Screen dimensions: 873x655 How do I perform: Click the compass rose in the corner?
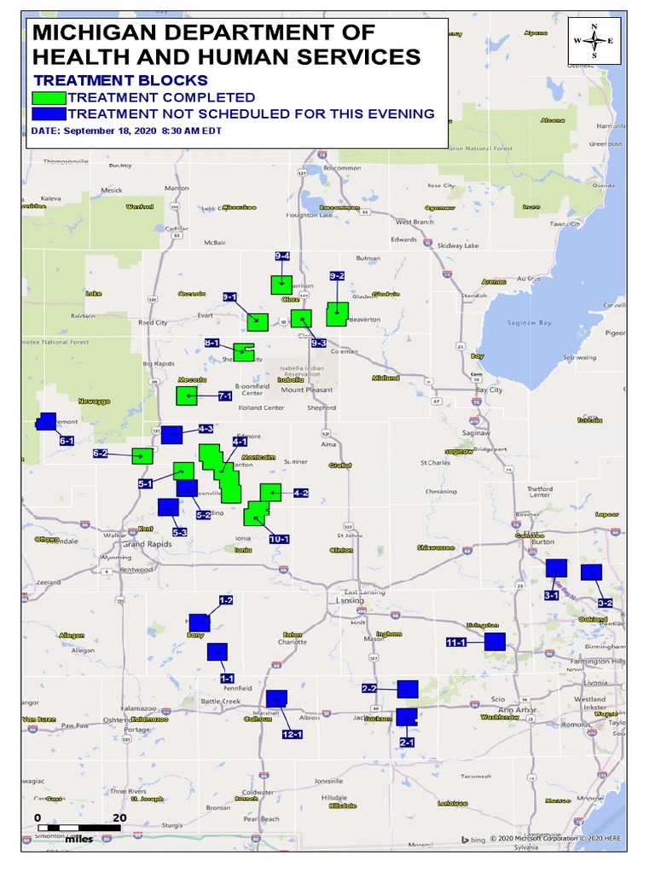point(594,41)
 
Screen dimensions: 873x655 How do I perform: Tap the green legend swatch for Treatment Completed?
point(49,98)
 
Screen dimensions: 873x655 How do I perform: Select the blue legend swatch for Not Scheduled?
point(49,113)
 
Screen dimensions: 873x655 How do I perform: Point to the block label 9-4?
point(282,257)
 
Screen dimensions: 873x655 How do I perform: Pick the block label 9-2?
point(337,276)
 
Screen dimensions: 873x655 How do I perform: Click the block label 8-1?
point(213,343)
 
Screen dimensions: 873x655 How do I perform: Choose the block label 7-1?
point(225,396)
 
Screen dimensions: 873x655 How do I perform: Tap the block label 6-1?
point(67,441)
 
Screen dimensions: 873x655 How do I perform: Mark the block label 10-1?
point(280,540)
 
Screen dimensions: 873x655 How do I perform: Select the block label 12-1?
point(293,734)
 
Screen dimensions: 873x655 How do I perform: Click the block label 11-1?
point(455,642)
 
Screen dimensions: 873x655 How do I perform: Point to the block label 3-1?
point(551,595)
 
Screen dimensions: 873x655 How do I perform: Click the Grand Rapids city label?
point(148,543)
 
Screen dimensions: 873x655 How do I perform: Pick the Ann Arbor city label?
point(518,709)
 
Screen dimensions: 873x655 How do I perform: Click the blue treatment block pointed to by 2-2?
point(408,689)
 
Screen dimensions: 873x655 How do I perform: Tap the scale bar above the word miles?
point(78,827)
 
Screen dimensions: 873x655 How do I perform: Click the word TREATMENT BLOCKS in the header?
point(120,80)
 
